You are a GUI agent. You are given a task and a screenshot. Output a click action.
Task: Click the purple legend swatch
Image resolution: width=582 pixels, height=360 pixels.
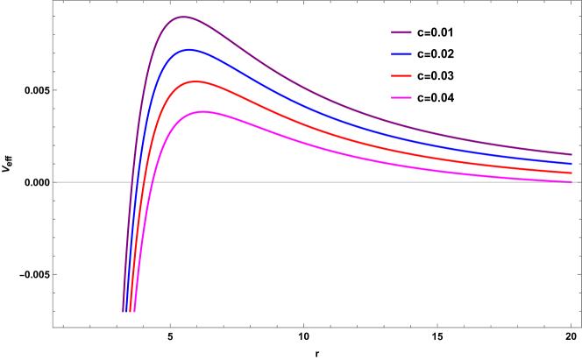(401, 32)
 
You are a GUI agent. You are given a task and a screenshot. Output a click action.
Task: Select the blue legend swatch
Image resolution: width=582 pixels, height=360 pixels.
(401, 54)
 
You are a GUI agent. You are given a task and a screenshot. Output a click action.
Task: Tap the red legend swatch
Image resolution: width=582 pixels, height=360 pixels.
(401, 76)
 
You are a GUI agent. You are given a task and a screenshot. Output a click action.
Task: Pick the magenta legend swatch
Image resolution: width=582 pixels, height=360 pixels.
(401, 97)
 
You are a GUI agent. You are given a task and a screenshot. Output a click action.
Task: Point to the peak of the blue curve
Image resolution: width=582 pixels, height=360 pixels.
(188, 50)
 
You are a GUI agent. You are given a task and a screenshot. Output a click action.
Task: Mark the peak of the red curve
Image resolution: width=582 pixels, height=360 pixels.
(196, 81)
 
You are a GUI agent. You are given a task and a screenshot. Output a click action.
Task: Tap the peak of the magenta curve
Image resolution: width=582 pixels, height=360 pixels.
(203, 111)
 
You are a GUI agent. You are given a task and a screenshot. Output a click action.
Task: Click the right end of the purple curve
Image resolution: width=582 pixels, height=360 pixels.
(571, 154)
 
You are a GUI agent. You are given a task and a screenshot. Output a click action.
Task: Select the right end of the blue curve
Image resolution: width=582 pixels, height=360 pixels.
(571, 164)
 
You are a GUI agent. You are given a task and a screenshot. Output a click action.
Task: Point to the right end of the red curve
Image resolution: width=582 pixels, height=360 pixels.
(571, 173)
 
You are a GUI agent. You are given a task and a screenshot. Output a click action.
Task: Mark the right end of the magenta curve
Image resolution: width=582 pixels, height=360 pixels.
(571, 181)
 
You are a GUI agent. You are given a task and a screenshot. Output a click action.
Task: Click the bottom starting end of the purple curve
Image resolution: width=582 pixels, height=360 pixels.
(124, 312)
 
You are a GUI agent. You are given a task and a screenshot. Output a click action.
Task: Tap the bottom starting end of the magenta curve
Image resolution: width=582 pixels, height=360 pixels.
(134, 312)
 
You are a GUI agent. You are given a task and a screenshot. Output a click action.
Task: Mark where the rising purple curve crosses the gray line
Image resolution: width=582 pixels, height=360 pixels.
(132, 182)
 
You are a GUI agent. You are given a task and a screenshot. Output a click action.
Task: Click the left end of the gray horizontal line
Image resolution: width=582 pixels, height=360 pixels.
(53, 182)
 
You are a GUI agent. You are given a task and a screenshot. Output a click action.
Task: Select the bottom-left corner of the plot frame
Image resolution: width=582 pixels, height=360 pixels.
(53, 328)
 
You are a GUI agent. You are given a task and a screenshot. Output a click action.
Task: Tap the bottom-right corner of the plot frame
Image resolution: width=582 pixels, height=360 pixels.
(579, 328)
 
